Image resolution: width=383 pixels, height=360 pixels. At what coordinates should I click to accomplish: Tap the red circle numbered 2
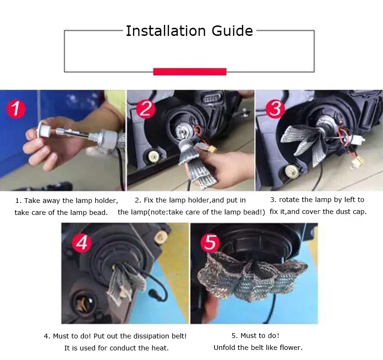point(146,109)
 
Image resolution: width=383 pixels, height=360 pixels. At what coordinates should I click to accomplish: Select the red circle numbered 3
point(275,109)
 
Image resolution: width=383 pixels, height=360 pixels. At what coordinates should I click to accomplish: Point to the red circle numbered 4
point(82,243)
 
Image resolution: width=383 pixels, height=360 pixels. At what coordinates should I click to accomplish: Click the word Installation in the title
point(166,31)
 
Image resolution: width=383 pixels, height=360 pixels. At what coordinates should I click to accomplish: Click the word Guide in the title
point(232,31)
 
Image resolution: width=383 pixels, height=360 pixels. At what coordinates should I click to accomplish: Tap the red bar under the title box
point(190,71)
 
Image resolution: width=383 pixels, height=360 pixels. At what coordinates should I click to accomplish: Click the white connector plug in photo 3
point(359,140)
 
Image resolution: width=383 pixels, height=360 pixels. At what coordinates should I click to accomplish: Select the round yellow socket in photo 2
point(153,155)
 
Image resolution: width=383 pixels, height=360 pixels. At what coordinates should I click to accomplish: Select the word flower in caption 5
point(291,348)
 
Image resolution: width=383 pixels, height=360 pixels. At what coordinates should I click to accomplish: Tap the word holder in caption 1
point(106,201)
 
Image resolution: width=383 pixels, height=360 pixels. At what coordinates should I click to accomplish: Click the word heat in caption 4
point(160,348)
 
